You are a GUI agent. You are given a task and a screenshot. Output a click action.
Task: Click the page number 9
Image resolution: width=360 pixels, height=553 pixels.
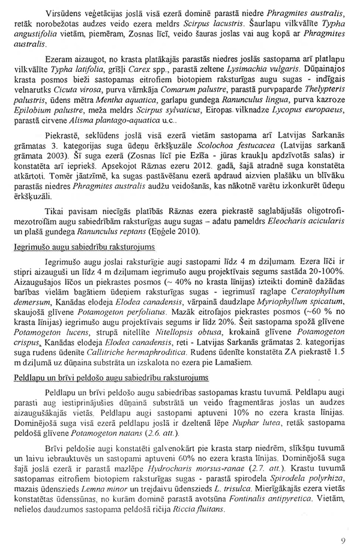343,539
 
